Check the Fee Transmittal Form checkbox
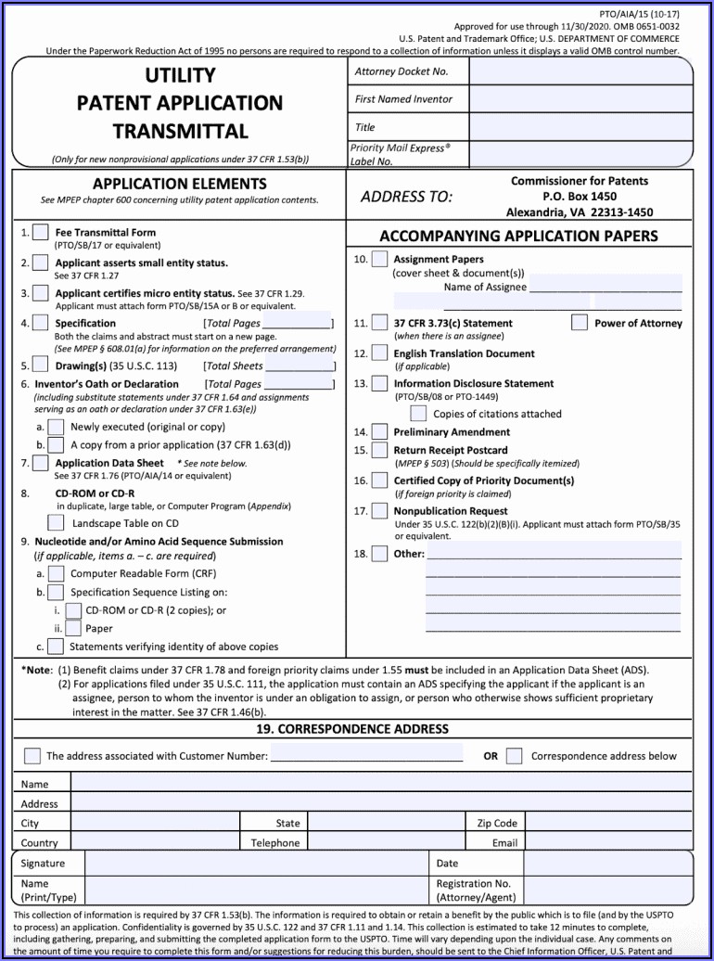pos(40,233)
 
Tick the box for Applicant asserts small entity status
pos(40,263)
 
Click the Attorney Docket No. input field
pos(580,72)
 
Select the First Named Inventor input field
pos(580,99)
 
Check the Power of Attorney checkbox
pos(580,323)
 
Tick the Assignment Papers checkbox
pos(379,260)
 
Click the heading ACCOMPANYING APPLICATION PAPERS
pos(518,236)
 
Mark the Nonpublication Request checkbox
pos(379,511)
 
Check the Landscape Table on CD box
pos(56,523)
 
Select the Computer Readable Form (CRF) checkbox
pos(56,574)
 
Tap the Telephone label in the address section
pos(275,843)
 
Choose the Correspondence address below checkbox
pos(515,756)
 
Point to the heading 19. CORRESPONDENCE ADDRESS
pos(352,729)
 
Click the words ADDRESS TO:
pos(406,197)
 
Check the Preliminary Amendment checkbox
pos(379,432)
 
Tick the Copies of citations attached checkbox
pos(418,414)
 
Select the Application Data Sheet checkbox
pos(40,463)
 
